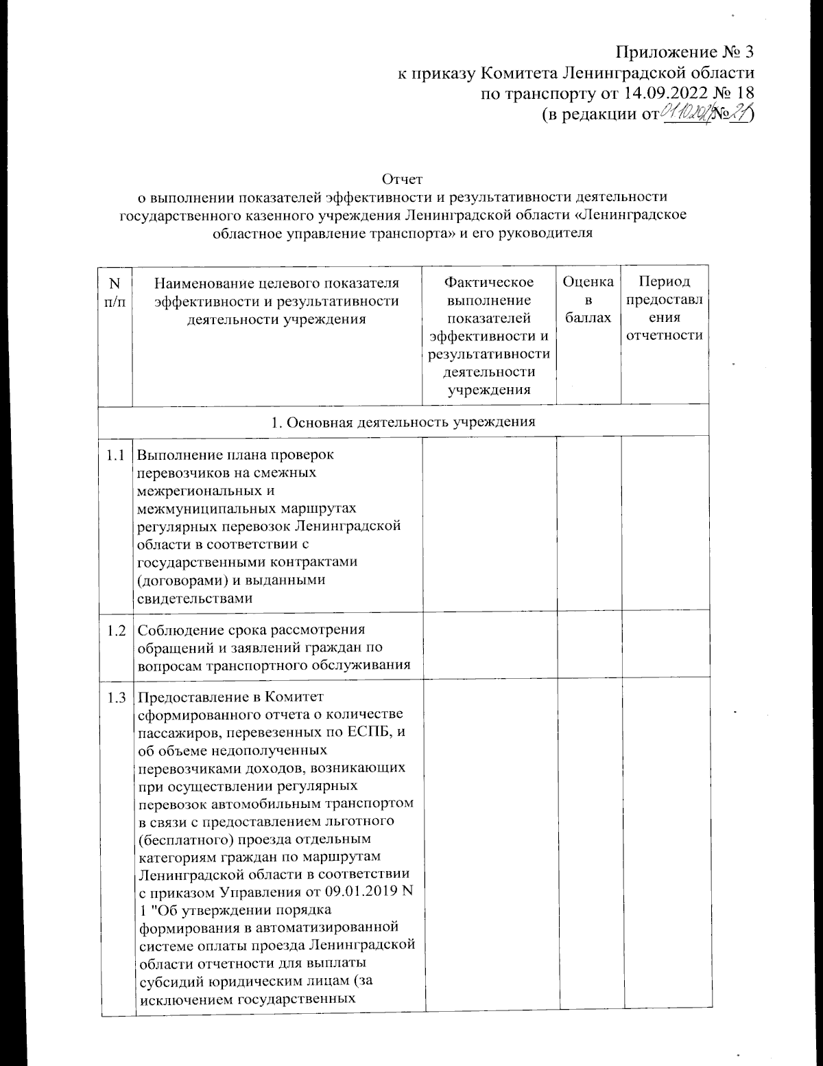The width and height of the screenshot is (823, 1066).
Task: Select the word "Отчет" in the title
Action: pos(402,180)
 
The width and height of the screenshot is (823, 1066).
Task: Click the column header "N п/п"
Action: pos(114,292)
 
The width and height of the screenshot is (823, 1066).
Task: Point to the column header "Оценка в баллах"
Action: pos(588,299)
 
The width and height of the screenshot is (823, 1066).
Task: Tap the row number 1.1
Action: pos(116,454)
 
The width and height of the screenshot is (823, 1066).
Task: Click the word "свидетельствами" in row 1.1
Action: pos(195,598)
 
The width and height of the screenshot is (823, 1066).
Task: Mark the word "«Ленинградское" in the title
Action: pos(634,215)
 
